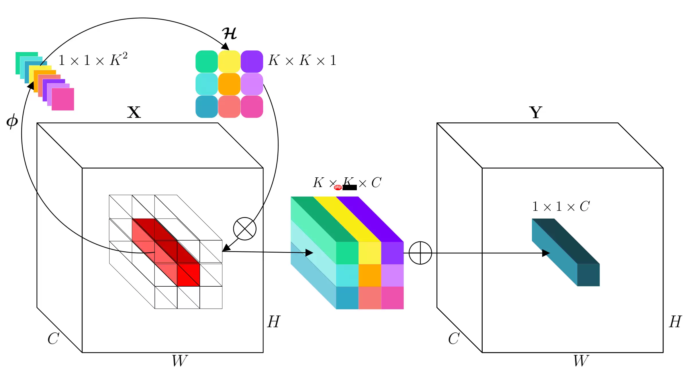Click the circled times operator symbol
244,229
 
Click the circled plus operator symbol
420,253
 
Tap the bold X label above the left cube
134,112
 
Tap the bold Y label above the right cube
535,112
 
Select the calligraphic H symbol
230,34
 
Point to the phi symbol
12,121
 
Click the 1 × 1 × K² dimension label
93,60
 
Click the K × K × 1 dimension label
302,60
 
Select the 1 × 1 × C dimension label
561,206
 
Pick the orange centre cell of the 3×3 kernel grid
229,84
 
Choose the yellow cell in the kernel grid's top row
229,61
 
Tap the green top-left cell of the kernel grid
207,61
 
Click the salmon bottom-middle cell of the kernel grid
229,107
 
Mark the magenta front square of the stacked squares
63,99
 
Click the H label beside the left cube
273,322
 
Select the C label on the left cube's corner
53,339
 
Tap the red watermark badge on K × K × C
338,187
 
